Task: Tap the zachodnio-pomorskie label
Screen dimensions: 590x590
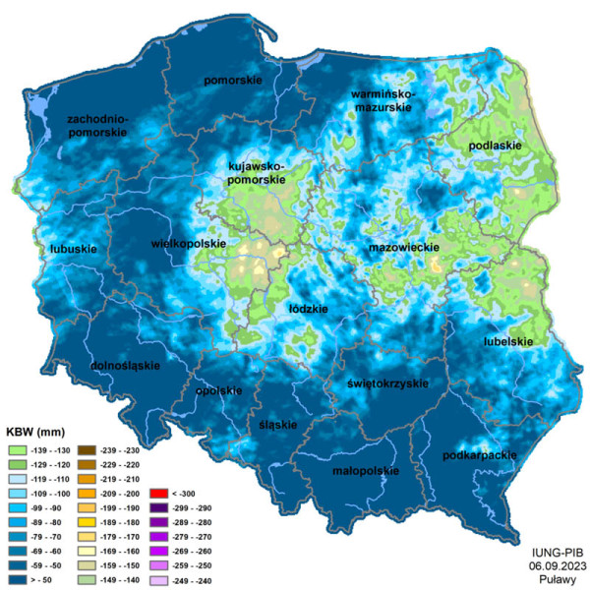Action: tap(97, 125)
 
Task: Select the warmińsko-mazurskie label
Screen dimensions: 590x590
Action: tap(383, 99)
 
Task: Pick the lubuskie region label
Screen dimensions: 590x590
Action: tap(73, 249)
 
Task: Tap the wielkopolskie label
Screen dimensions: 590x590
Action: tap(189, 243)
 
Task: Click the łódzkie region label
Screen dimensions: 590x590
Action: tap(308, 308)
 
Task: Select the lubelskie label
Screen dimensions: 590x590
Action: tap(508, 341)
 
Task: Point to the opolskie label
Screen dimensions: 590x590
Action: tap(219, 390)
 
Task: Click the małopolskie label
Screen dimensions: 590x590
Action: tap(365, 470)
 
